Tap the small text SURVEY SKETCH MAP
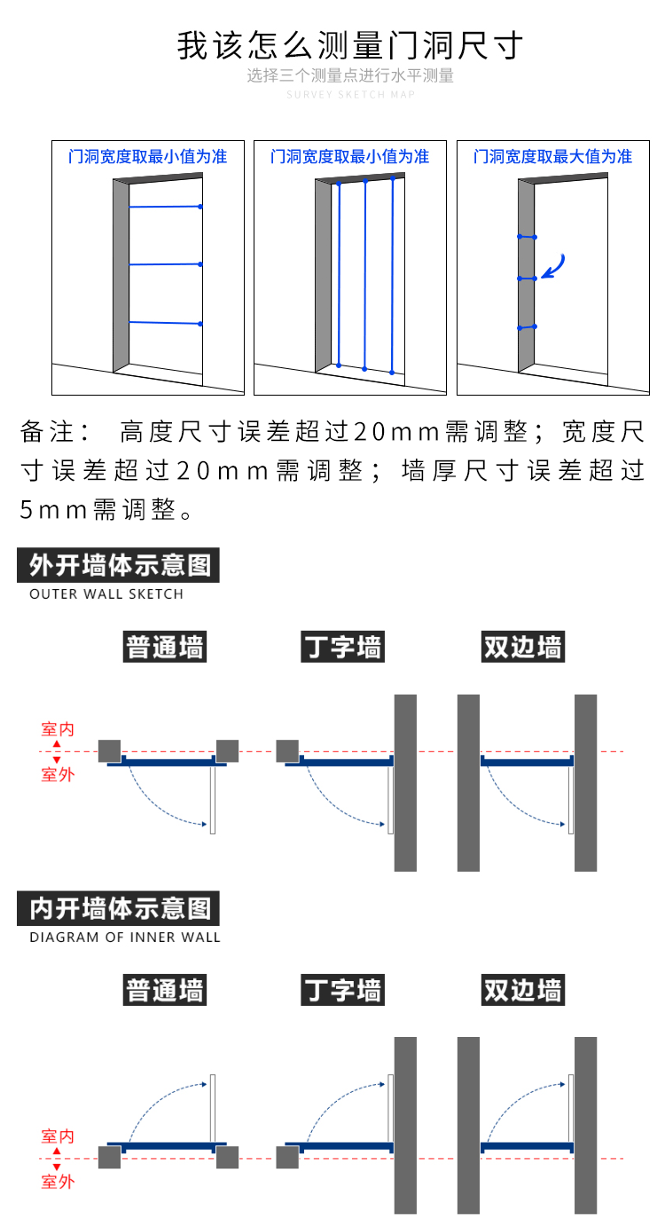[x=350, y=94]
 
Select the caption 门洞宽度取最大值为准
[x=552, y=157]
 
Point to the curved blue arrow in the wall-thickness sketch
[x=554, y=265]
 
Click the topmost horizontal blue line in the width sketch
[x=165, y=207]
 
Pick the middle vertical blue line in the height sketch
[x=364, y=273]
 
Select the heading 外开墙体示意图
[x=119, y=565]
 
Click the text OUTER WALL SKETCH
[x=106, y=594]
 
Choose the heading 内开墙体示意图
[x=119, y=908]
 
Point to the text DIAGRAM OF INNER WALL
[x=125, y=937]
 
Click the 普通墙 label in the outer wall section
[x=165, y=647]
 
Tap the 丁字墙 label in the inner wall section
[x=343, y=989]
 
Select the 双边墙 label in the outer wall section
[x=523, y=647]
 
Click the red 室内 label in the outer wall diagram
[x=58, y=729]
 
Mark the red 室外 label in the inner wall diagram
[x=58, y=1182]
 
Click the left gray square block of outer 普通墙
[x=110, y=750]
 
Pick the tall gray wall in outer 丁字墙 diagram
[x=405, y=782]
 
